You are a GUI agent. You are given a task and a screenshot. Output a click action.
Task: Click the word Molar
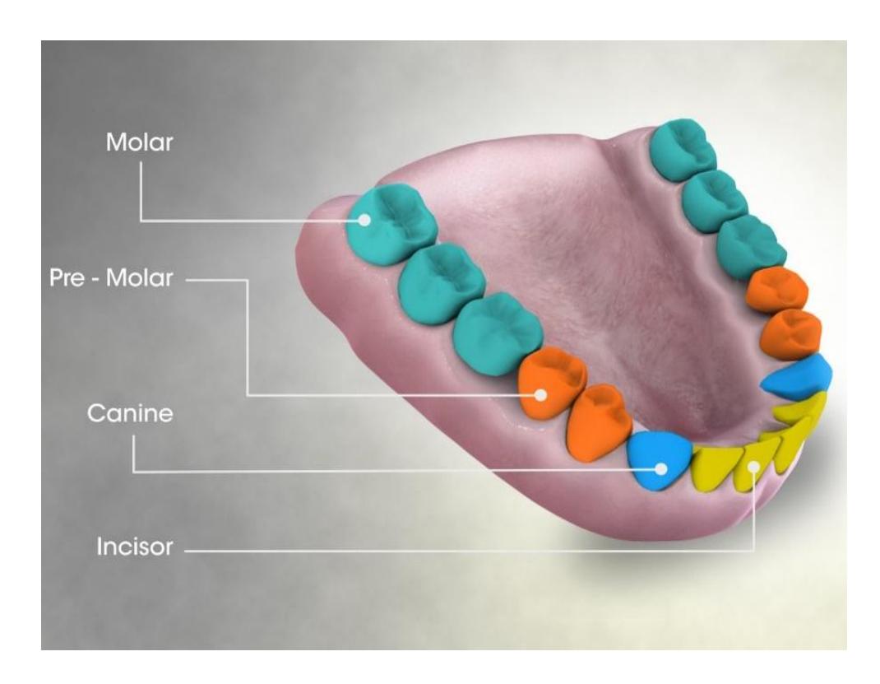tap(139, 142)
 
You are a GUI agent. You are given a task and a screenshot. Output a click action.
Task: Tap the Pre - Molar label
tap(111, 277)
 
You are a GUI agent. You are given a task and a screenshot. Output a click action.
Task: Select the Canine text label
tap(130, 413)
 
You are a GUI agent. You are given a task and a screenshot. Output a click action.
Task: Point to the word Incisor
tap(135, 547)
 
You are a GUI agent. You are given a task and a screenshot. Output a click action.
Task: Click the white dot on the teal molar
tap(364, 220)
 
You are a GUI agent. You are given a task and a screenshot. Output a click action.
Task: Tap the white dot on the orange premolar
tap(540, 395)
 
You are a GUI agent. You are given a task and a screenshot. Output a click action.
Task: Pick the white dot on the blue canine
tap(662, 468)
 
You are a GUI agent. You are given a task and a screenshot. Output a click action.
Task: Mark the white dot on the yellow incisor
tap(755, 466)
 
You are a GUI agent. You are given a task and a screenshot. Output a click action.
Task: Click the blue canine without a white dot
tap(796, 378)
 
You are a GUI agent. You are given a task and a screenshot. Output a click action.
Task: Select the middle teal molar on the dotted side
tap(441, 283)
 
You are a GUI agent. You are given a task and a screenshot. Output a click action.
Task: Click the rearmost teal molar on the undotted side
tap(683, 149)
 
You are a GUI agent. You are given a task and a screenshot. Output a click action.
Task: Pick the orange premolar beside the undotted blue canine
tap(791, 334)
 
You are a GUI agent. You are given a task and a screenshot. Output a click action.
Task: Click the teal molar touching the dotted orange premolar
tap(497, 334)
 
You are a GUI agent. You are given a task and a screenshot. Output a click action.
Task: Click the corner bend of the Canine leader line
tap(133, 471)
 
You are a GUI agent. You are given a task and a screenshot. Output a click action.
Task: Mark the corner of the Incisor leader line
tap(754, 551)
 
